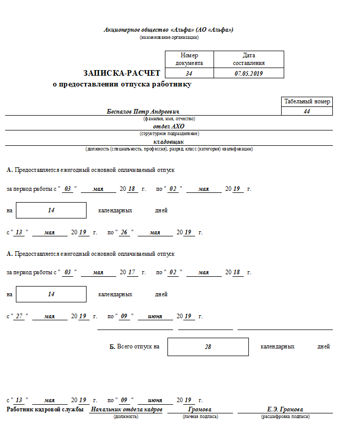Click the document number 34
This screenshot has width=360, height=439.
click(x=189, y=74)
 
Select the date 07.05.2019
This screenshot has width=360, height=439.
click(x=248, y=74)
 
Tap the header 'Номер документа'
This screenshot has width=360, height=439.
click(x=189, y=59)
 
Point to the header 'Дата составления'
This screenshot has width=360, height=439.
click(x=248, y=59)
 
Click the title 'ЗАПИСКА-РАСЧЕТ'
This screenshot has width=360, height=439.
click(x=122, y=73)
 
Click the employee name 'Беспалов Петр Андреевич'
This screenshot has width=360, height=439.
click(x=143, y=112)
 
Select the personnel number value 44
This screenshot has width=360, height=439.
click(x=307, y=111)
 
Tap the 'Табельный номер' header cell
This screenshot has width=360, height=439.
click(x=307, y=101)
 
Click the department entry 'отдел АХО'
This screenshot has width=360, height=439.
click(x=168, y=126)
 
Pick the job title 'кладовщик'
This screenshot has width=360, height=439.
click(x=168, y=142)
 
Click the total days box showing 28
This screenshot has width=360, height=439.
click(x=208, y=346)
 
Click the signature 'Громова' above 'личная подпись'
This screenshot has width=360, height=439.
click(x=200, y=409)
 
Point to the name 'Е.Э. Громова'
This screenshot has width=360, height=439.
click(x=285, y=409)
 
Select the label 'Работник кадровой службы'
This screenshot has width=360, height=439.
click(x=45, y=409)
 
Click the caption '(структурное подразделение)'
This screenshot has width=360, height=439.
click(x=168, y=134)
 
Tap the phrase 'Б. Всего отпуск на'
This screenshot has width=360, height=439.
click(x=134, y=346)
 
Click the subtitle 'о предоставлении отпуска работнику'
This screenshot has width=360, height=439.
click(x=122, y=84)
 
